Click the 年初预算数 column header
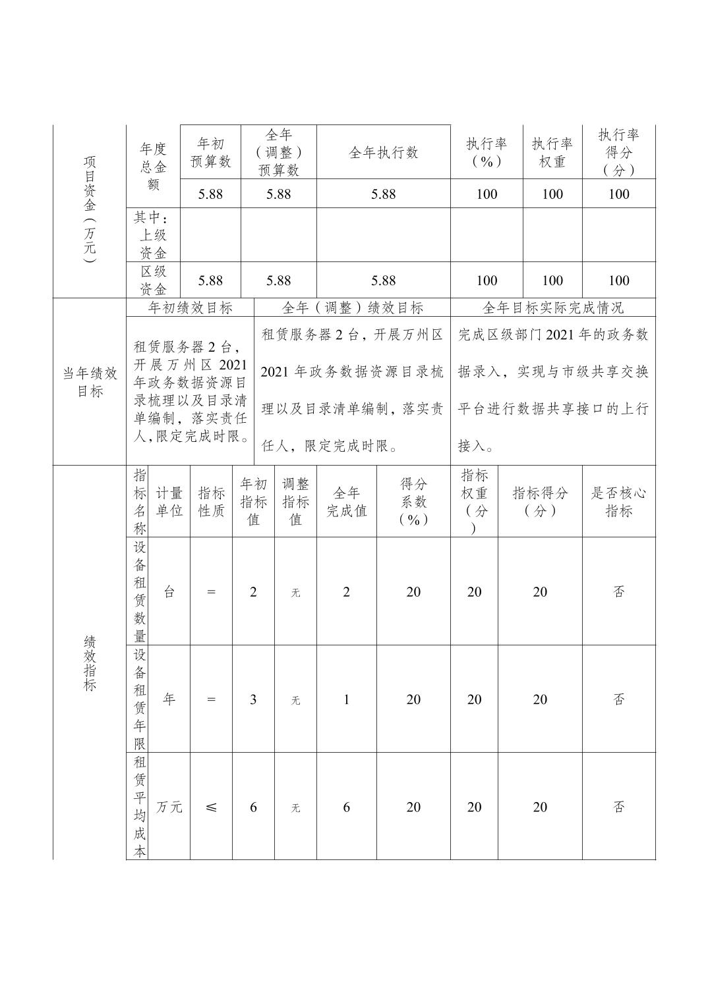click(x=210, y=153)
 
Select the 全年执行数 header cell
click(x=383, y=153)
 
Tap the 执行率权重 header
click(x=552, y=153)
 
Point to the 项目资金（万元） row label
click(x=90, y=209)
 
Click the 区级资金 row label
click(x=153, y=280)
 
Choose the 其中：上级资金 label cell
click(x=152, y=235)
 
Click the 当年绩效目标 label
click(x=90, y=382)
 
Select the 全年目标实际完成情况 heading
click(x=552, y=308)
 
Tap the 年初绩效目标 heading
click(x=190, y=308)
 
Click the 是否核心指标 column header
click(x=618, y=502)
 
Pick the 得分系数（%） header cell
click(x=413, y=502)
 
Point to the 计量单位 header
click(x=169, y=502)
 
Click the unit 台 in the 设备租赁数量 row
click(x=169, y=592)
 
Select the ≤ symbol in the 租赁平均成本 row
click(x=211, y=807)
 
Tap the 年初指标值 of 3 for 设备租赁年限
click(x=253, y=699)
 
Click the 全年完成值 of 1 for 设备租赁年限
click(x=346, y=699)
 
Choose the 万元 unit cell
click(x=169, y=807)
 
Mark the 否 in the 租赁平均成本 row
click(x=618, y=807)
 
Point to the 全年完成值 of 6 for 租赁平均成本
click(x=346, y=807)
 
